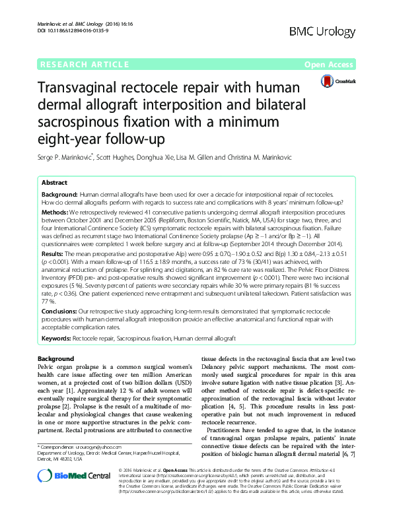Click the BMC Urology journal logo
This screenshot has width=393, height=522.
tap(328, 31)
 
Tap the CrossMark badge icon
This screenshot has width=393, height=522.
tap(336, 81)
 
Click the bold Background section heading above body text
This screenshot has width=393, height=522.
tap(57, 359)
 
